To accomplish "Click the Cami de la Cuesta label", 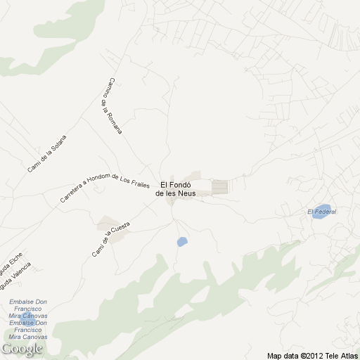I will [x=111, y=238].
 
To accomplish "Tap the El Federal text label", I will [x=322, y=212].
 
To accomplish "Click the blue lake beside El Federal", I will [x=320, y=214].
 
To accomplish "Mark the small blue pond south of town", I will [x=182, y=242].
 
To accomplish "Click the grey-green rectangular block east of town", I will [x=221, y=187].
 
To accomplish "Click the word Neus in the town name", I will [x=186, y=193].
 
